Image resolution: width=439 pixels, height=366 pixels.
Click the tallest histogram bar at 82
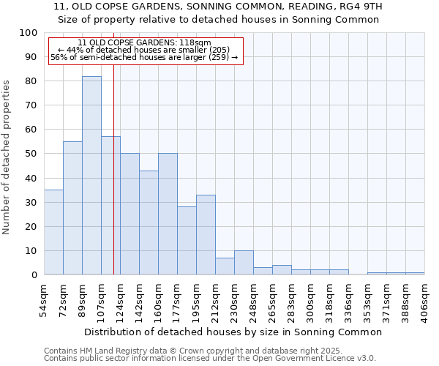91,176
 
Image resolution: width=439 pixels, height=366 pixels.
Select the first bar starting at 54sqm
53,232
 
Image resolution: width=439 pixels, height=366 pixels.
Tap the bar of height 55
72,208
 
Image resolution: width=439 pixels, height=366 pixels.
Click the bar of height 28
187,241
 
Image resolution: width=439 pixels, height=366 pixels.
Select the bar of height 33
206,234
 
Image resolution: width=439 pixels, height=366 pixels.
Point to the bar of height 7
225,266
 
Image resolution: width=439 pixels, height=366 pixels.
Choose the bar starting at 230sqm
244,263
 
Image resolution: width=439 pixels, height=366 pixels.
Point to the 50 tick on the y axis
32,154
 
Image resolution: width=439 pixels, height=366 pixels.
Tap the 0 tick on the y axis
34,275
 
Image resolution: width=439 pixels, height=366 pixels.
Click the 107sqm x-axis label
102,299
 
